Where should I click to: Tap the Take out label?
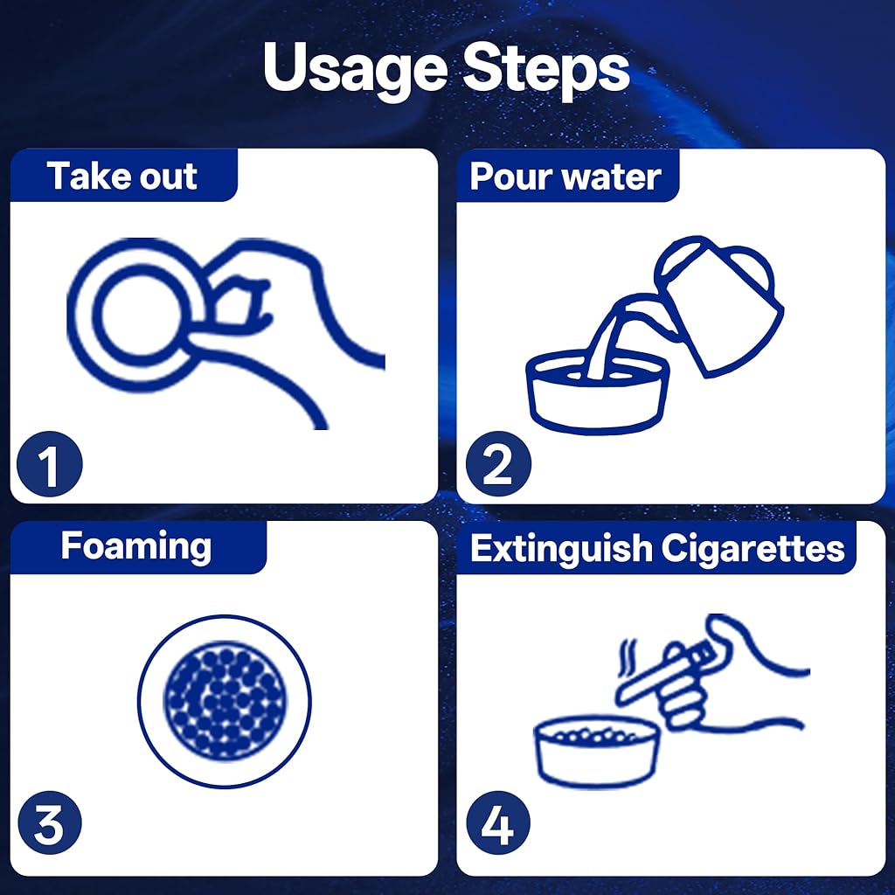(x=122, y=175)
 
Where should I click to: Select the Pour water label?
(x=565, y=177)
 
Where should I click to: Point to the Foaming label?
(x=135, y=547)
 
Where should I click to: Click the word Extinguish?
(x=561, y=548)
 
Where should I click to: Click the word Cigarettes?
(x=753, y=549)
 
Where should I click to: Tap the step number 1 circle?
(x=50, y=464)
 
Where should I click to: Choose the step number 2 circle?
(x=498, y=464)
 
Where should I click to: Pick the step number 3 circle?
(x=50, y=822)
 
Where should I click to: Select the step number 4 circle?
(x=498, y=822)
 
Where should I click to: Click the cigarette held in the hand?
(x=665, y=670)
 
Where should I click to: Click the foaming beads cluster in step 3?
(x=225, y=701)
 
